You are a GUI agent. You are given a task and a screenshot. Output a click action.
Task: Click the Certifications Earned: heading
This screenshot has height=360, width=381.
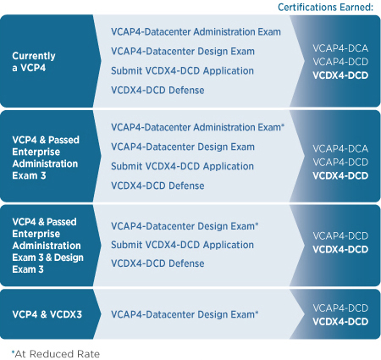click(325, 7)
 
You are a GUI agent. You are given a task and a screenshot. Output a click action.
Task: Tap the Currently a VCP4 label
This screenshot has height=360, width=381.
click(34, 62)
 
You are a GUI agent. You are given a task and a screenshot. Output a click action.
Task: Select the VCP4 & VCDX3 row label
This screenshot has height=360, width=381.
click(47, 314)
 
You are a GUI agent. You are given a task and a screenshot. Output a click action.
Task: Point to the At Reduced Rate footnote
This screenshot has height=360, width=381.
click(56, 354)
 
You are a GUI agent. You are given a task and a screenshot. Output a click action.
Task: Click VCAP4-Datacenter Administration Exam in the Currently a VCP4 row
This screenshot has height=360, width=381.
click(196, 31)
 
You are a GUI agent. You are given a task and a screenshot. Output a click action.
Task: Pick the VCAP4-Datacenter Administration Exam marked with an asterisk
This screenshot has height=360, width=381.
click(197, 127)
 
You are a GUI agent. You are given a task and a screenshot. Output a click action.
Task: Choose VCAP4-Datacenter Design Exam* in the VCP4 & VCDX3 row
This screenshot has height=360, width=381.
click(185, 314)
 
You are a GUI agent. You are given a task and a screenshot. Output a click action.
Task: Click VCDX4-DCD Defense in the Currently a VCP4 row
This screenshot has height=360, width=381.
click(157, 90)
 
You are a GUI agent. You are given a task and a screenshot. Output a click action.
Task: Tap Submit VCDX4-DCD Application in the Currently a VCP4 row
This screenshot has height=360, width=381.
click(182, 70)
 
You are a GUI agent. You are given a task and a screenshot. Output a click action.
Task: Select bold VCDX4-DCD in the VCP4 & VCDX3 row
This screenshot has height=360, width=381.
click(340, 322)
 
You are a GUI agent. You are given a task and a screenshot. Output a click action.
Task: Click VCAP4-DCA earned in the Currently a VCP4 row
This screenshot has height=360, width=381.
click(340, 48)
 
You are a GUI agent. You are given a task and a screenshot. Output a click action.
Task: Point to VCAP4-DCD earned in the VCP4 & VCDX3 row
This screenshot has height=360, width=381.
click(340, 308)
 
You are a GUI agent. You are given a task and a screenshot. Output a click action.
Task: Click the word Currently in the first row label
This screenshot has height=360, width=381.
click(34, 56)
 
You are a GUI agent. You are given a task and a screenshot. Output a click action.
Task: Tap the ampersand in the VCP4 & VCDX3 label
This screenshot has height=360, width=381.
click(43, 314)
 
